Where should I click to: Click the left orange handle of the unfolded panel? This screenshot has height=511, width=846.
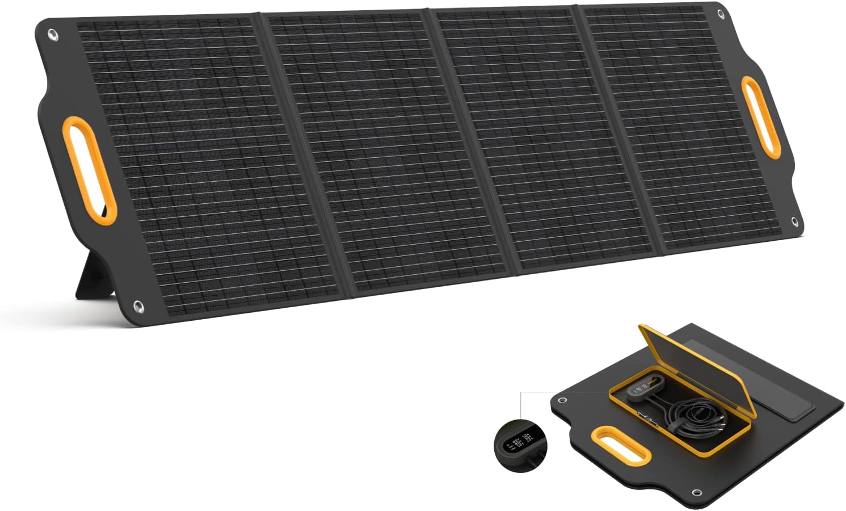coord(89,170)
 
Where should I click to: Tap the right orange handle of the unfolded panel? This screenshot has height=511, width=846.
coord(761,116)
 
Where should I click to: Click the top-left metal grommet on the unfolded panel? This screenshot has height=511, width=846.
coord(53,36)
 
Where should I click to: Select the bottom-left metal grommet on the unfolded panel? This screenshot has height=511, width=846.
coord(138,307)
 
